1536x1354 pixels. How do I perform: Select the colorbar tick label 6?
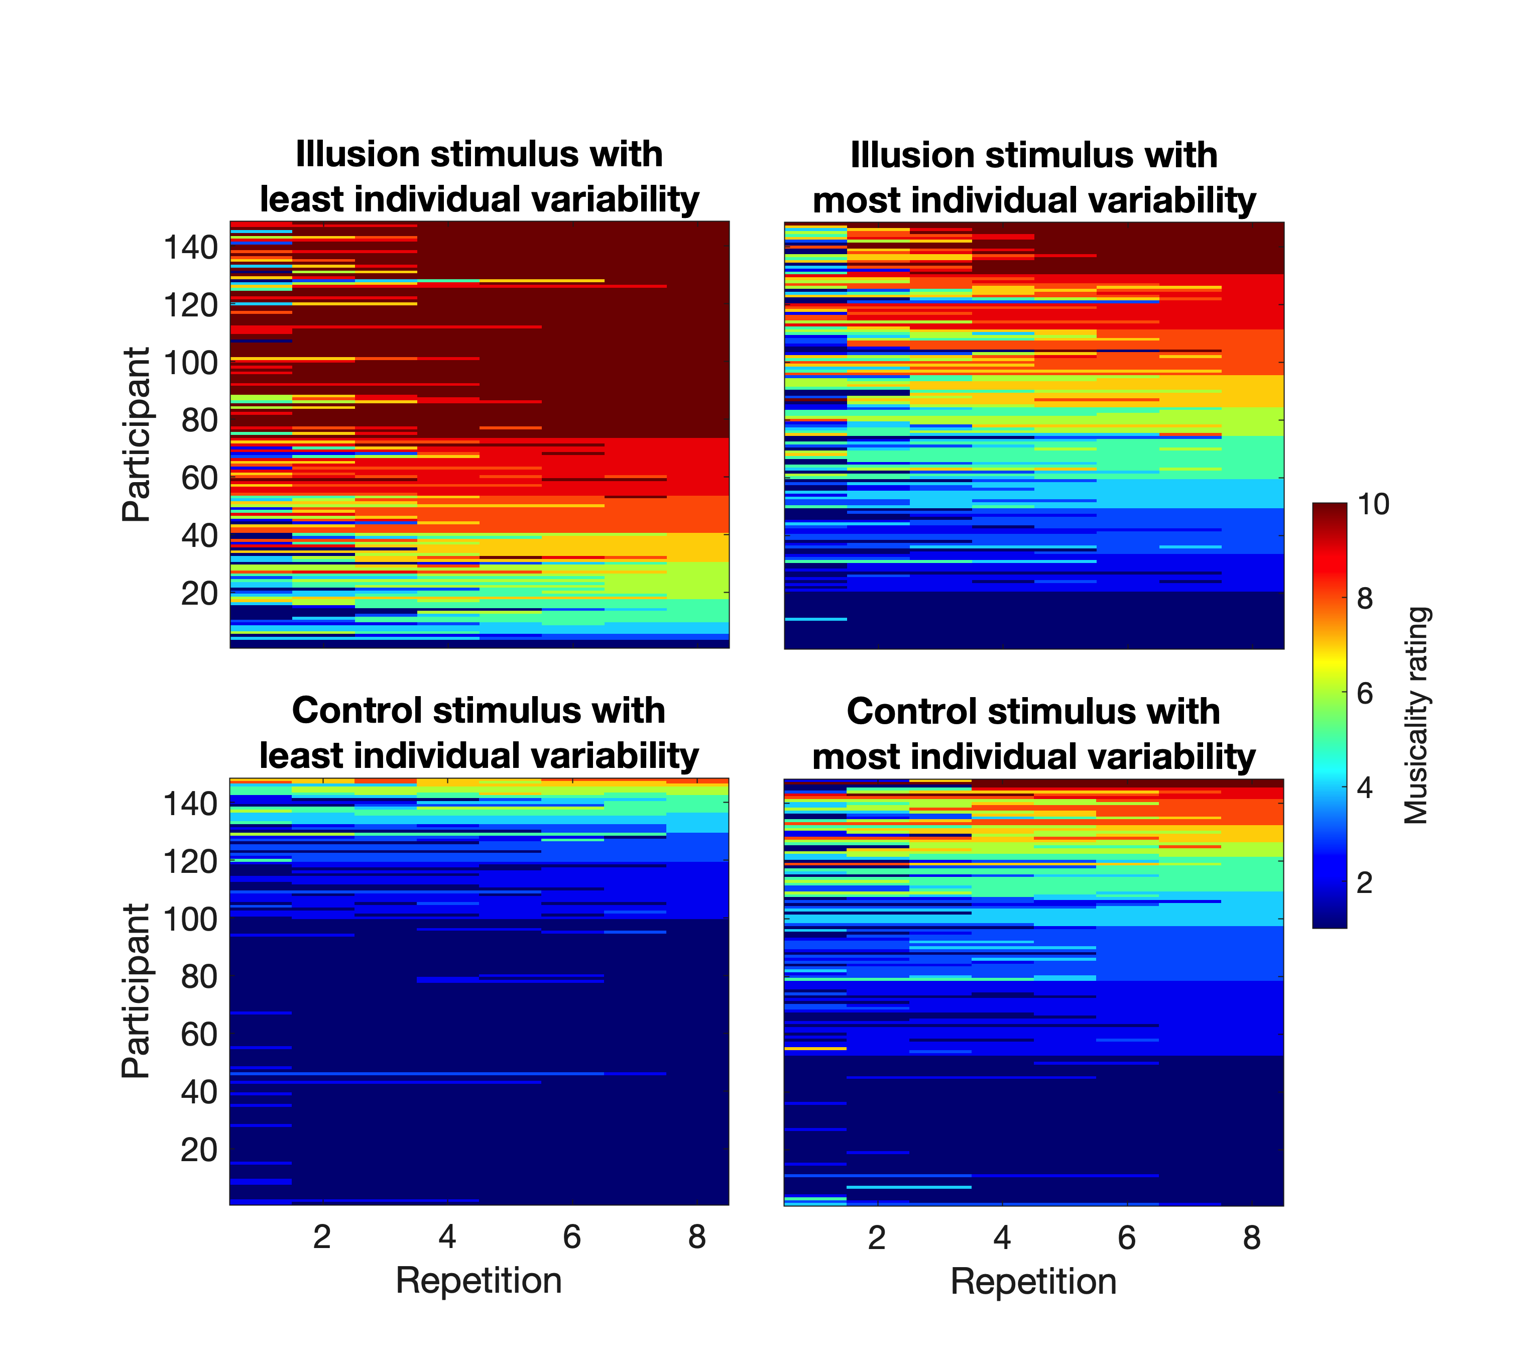(1365, 693)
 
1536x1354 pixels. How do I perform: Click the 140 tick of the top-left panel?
(191, 247)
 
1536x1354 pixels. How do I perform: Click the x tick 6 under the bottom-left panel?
(572, 1236)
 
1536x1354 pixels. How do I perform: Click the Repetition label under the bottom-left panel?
(479, 1280)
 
